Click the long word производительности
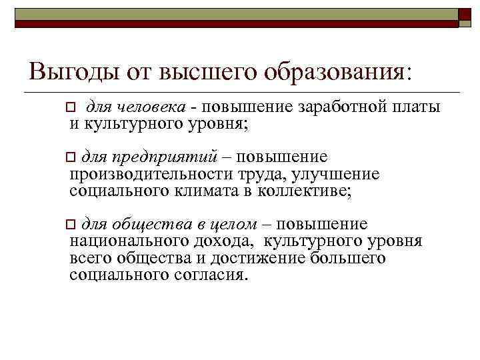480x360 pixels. (151, 175)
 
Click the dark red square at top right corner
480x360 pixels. (466, 16)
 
